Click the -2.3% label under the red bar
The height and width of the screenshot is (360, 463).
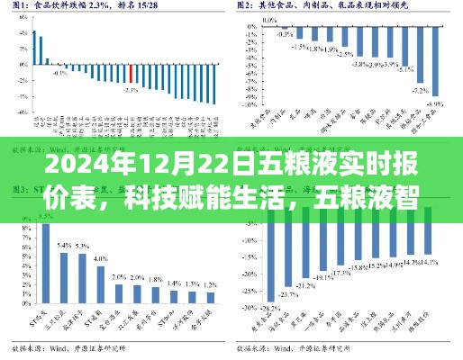132,90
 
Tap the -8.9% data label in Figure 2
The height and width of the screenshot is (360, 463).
435,104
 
